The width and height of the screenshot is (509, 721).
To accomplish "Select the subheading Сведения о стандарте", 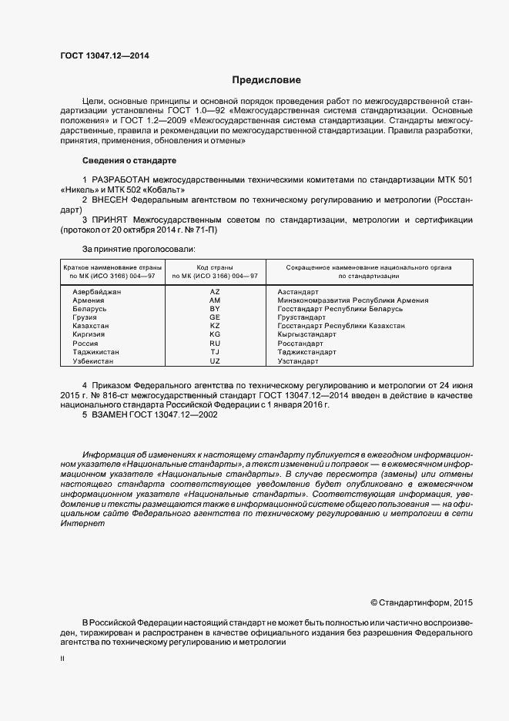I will tap(129, 160).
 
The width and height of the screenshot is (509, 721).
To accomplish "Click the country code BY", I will tap(215, 309).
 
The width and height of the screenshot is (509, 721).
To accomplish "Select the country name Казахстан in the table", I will tap(91, 326).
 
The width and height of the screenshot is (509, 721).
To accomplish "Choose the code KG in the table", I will tap(215, 335).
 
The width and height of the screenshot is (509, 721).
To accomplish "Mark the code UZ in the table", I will tap(215, 360).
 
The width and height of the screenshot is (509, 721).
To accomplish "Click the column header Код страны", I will tap(215, 267).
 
